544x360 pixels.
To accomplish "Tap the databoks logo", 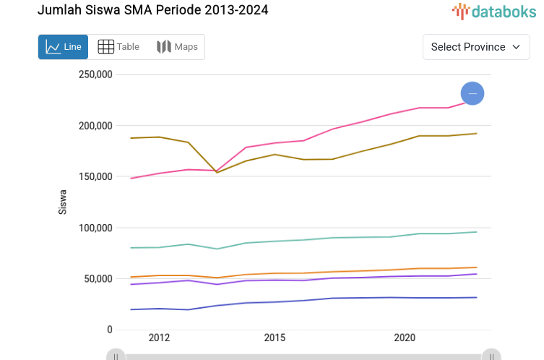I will (x=494, y=11).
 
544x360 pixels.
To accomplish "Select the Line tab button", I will (x=64, y=47).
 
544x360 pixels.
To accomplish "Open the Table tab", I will (x=118, y=47).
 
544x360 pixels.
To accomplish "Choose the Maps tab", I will (x=177, y=47).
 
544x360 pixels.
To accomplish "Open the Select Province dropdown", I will (x=475, y=47).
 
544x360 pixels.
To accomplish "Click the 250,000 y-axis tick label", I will (x=95, y=74).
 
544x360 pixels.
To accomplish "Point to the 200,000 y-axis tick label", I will (x=95, y=126).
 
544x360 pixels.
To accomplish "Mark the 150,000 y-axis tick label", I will (x=95, y=176).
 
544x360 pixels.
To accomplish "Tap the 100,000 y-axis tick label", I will (x=95, y=228).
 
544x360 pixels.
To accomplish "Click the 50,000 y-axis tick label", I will (x=98, y=279).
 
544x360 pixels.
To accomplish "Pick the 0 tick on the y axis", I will (x=110, y=330).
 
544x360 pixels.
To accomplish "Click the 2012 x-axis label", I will (x=159, y=338).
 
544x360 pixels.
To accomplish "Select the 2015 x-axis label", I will (x=275, y=338).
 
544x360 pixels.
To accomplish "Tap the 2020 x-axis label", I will (x=405, y=338).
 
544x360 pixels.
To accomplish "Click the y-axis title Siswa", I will (x=63, y=202).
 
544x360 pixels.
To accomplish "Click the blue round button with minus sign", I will (x=472, y=93).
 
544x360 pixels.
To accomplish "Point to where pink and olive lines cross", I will (x=217, y=171).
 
